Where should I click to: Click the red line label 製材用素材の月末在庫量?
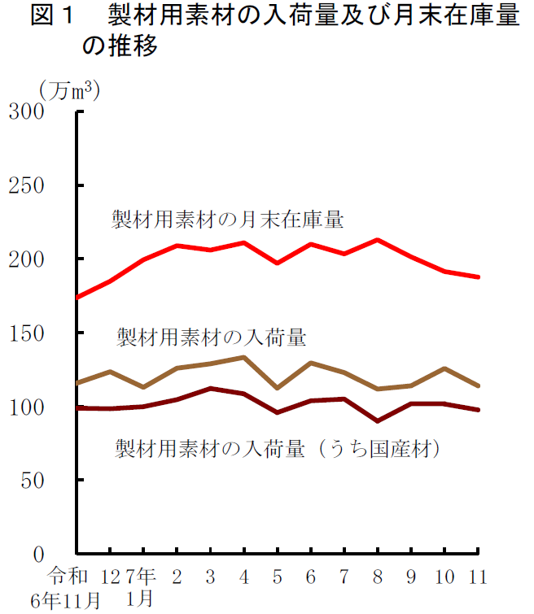pos(228,220)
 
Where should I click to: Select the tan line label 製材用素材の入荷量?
pos(211,335)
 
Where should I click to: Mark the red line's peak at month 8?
pos(378,240)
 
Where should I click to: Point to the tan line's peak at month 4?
pos(244,357)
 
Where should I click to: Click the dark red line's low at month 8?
pos(378,421)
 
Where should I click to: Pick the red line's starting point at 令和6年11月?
pos(77,297)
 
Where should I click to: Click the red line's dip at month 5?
pos(278,263)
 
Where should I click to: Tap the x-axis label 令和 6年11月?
pos(66,589)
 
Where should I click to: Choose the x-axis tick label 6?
pos(311,577)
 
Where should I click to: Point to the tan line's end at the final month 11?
pos(478,385)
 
